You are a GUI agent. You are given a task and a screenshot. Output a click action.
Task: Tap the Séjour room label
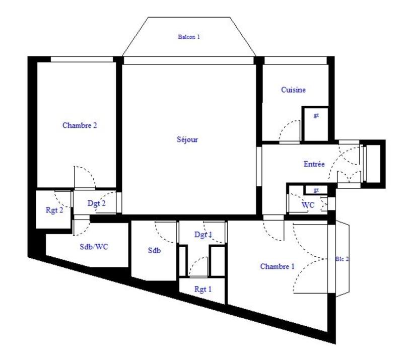pyautogui.click(x=187, y=139)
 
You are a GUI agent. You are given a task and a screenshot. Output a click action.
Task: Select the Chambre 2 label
pyautogui.click(x=80, y=125)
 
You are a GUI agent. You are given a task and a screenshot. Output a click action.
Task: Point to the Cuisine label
pyautogui.click(x=293, y=90)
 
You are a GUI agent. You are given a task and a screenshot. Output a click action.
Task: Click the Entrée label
pyautogui.click(x=314, y=164)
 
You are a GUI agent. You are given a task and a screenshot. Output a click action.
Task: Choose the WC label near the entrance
pyautogui.click(x=308, y=205)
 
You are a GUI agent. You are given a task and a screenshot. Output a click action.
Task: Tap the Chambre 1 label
pyautogui.click(x=277, y=266)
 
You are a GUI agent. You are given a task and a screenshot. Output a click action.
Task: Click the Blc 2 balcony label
pyautogui.click(x=342, y=259)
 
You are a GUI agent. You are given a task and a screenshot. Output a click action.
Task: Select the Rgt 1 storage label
pyautogui.click(x=203, y=290)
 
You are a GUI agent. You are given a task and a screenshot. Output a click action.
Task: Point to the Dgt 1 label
pyautogui.click(x=203, y=235)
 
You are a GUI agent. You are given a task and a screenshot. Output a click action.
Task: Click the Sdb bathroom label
pyautogui.click(x=154, y=250)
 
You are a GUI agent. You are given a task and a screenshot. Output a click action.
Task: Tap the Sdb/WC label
pyautogui.click(x=94, y=247)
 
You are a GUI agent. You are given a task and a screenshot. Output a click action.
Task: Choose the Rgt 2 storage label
pyautogui.click(x=54, y=210)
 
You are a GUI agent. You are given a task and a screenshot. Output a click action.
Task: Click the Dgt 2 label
pyautogui.click(x=96, y=203)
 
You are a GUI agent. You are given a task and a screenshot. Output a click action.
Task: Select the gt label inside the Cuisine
pyautogui.click(x=316, y=115)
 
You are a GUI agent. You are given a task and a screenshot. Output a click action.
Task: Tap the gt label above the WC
pyautogui.click(x=316, y=190)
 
